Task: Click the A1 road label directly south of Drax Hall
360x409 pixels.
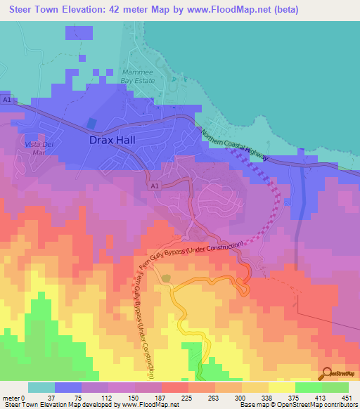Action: pyautogui.click(x=155, y=185)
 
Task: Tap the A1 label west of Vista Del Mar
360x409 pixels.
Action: pyautogui.click(x=7, y=100)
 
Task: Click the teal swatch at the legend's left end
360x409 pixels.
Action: pyautogui.click(x=41, y=387)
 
